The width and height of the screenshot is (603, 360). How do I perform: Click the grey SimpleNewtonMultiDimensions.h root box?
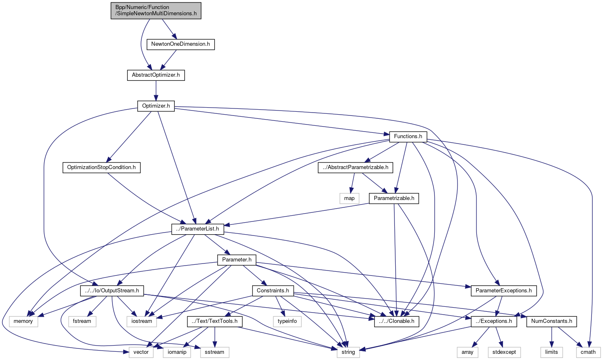(x=156, y=10)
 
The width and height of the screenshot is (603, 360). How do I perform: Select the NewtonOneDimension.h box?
(x=181, y=44)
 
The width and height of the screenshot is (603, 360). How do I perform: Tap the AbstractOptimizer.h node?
(x=156, y=75)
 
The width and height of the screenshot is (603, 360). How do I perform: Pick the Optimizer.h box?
(x=156, y=106)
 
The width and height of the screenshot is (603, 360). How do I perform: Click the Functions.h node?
(x=408, y=136)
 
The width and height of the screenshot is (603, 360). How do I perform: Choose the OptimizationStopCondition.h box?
(x=101, y=167)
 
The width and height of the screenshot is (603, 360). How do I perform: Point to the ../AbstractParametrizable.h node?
(x=355, y=167)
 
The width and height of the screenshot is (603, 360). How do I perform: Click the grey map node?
(x=349, y=198)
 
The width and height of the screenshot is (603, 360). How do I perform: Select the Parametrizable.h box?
(x=394, y=198)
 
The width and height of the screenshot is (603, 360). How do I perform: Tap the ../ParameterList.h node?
(x=198, y=228)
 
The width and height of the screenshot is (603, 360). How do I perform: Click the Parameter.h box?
(x=237, y=260)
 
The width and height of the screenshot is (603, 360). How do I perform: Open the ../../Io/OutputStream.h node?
(x=112, y=291)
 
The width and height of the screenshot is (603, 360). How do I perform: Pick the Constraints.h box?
(x=272, y=291)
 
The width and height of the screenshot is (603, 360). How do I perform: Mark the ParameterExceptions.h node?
(x=503, y=291)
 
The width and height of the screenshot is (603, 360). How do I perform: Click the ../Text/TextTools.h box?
(x=215, y=321)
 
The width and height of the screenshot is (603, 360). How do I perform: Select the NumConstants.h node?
(x=551, y=321)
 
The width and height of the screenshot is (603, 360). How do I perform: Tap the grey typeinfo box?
(x=287, y=321)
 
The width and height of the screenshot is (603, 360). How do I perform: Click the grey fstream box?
(x=82, y=321)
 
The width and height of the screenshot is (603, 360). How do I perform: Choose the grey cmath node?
(x=588, y=352)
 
